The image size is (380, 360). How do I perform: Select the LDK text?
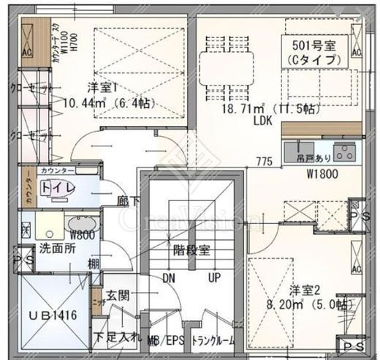tap(262, 121)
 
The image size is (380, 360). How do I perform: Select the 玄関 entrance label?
tap(118, 295)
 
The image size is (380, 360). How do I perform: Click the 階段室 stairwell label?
tap(191, 250)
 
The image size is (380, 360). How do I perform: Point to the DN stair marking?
tap(169, 279)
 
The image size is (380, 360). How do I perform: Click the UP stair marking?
tap(214, 279)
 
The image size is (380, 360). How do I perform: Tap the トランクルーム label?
tap(213, 340)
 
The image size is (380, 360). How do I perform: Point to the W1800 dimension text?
tap(323, 174)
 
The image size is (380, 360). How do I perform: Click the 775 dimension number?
tap(264, 160)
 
